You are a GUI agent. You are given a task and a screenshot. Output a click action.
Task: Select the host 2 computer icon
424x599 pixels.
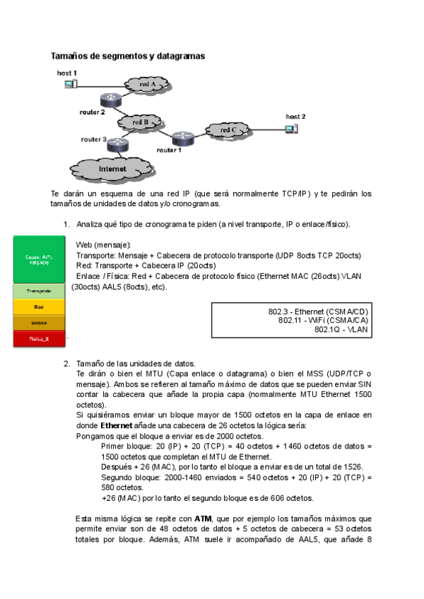coord(289,128)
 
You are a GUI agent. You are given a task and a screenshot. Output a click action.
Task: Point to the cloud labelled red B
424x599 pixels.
coord(141,122)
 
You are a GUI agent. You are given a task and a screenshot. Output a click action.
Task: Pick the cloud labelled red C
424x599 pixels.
coord(228,130)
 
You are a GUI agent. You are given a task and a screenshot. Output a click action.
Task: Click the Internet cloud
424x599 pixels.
coord(112,170)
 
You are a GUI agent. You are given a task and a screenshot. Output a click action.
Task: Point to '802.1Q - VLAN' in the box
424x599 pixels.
coord(343,329)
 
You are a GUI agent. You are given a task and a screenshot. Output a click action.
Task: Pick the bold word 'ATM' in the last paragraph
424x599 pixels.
coord(204,519)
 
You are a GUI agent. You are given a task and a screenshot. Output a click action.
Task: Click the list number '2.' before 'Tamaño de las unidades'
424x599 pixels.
coord(66,364)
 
